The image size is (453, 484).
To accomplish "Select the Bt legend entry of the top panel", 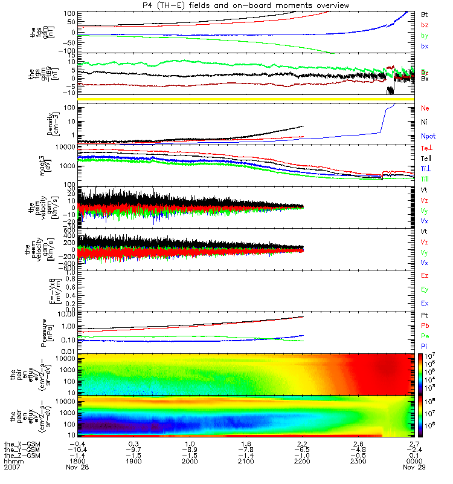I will coord(425,13).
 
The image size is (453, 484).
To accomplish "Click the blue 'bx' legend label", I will coord(425,46).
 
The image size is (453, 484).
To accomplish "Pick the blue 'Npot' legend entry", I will coord(428,136).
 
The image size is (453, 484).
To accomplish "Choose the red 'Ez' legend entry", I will coord(425,275).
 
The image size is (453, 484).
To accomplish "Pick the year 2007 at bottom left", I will coord(11,468).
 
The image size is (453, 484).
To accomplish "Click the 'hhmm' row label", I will coord(11,461).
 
